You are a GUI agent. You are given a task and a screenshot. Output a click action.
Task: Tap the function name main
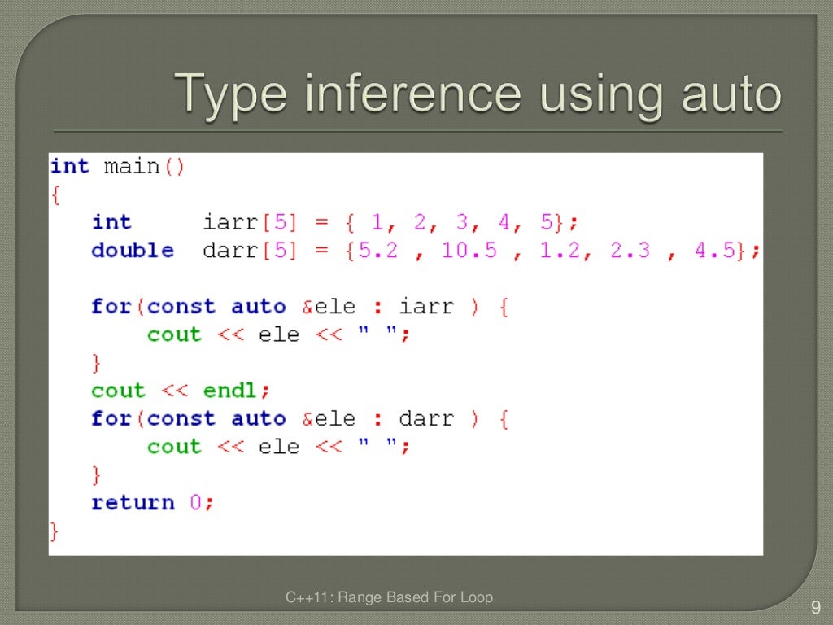pos(132,167)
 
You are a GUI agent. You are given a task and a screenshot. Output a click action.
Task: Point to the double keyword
pos(132,251)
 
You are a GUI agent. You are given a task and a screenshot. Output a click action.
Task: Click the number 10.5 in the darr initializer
pos(469,251)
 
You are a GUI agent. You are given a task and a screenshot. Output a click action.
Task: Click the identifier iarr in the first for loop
pos(426,307)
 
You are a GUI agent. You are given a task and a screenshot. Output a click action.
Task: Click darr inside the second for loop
pos(426,419)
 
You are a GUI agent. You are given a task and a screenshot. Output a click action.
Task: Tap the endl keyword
pos(230,391)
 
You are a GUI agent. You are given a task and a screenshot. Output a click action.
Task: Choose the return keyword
pos(132,503)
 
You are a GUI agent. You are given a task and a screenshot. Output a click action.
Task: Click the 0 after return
pos(196,503)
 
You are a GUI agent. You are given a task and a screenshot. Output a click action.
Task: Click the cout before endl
pos(117,391)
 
